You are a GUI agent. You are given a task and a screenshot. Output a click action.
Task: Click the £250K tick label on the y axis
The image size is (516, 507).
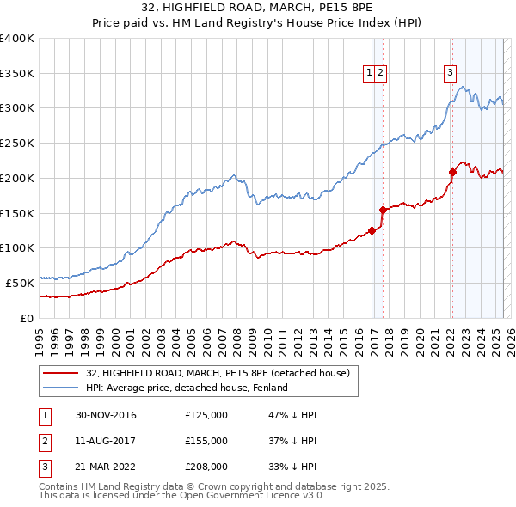click(x=17, y=144)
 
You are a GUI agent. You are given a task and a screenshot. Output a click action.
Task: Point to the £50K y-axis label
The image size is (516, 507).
click(x=20, y=283)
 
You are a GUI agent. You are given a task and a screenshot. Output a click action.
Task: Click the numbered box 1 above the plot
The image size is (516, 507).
click(x=369, y=74)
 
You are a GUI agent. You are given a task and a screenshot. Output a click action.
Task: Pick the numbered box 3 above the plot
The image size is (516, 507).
click(x=450, y=74)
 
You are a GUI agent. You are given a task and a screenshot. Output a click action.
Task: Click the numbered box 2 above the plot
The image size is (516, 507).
click(x=380, y=74)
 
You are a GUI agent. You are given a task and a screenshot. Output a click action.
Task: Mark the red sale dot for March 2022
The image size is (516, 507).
click(x=452, y=172)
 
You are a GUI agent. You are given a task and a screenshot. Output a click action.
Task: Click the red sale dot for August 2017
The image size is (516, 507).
click(x=383, y=209)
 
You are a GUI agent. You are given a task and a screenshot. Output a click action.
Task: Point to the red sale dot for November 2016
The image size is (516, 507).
click(x=372, y=229)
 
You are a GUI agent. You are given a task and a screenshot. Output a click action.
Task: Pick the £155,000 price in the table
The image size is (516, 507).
click(x=206, y=441)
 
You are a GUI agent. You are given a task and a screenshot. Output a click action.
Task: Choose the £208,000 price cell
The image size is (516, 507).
click(x=206, y=467)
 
